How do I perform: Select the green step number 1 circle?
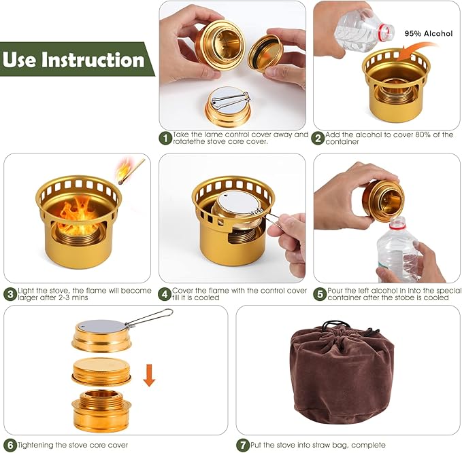[165, 139]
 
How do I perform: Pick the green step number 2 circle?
[318, 139]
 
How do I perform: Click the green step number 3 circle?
[10, 294]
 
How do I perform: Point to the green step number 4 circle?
[165, 294]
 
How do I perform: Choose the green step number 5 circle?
[320, 294]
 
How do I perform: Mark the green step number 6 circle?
[10, 445]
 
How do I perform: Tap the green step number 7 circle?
[242, 445]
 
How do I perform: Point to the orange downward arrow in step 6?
[149, 374]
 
